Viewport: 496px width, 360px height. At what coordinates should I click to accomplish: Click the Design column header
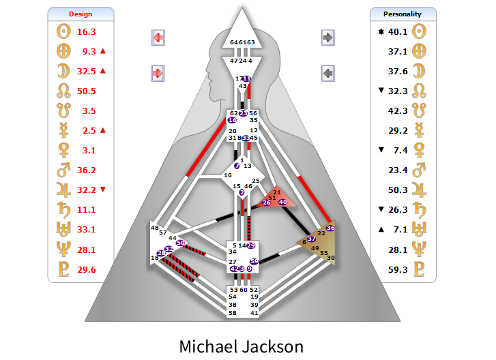(81, 14)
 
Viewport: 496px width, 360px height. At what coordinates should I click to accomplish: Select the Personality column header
(402, 14)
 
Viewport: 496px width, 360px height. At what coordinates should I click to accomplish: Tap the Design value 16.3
(87, 31)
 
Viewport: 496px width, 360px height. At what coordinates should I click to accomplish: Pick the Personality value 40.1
(398, 31)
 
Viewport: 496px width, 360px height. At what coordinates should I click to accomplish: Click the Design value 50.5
(87, 91)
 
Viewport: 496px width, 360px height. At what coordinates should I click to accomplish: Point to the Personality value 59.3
(398, 269)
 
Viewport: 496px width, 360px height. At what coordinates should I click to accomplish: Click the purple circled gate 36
(331, 228)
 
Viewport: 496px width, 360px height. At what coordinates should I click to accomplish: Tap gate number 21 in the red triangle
(277, 192)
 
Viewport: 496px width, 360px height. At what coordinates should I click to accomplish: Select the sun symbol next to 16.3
(61, 31)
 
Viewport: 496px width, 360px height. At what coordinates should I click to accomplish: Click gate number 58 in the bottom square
(233, 313)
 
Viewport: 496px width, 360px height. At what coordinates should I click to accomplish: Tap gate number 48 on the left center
(155, 228)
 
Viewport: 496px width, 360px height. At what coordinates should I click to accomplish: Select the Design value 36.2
(87, 170)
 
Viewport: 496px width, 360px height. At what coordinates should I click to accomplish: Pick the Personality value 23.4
(398, 170)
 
